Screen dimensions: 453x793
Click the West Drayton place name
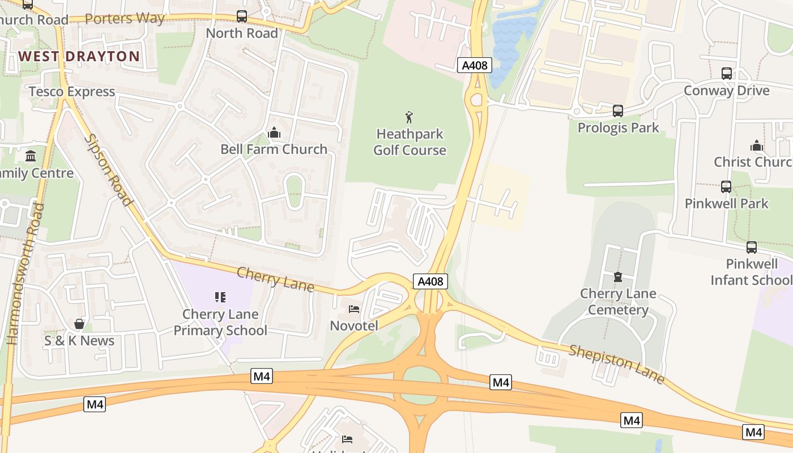tap(79, 56)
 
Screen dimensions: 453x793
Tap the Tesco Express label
tap(72, 92)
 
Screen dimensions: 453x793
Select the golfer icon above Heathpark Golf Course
tap(410, 117)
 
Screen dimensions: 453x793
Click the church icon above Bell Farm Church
tap(274, 133)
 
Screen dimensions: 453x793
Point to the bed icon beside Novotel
tap(354, 309)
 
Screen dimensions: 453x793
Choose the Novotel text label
tap(354, 326)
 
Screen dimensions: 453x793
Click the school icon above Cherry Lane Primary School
tap(220, 297)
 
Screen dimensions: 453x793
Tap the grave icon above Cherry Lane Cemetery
tap(618, 277)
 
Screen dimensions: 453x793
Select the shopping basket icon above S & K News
tap(79, 324)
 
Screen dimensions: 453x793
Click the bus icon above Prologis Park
tap(618, 111)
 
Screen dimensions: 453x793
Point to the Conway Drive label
tap(727, 91)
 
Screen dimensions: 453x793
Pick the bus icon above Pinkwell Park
tap(726, 187)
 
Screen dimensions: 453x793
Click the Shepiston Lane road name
tap(616, 364)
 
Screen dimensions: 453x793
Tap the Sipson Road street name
tap(108, 169)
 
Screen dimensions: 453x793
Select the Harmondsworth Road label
tap(25, 273)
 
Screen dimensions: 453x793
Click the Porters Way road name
tap(125, 19)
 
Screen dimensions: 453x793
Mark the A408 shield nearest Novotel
tap(430, 281)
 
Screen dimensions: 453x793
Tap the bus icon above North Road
tap(242, 16)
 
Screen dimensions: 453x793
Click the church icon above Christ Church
tap(757, 146)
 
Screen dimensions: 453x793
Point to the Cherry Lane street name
tap(275, 279)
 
